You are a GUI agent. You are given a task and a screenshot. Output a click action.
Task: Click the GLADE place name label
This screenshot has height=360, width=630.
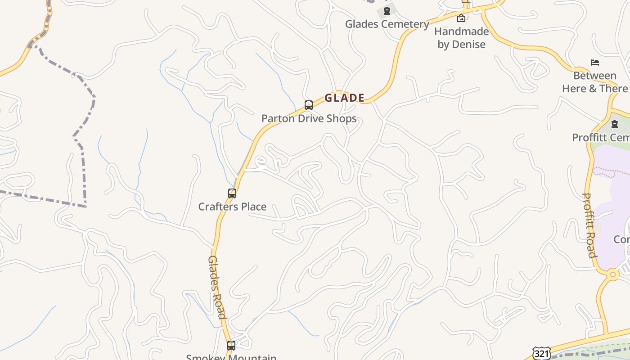coord(344,98)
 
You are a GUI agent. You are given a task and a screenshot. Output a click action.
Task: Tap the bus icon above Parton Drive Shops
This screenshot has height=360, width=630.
coord(309,105)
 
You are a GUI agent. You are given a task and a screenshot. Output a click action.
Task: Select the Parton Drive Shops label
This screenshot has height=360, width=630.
coord(309,119)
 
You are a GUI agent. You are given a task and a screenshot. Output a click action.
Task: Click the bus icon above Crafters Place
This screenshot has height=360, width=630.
coord(232,193)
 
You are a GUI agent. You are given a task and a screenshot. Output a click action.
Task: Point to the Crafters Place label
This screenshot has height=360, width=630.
coord(232,207)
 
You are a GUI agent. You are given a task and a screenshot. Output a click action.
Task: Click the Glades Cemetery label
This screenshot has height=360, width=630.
coord(387,24)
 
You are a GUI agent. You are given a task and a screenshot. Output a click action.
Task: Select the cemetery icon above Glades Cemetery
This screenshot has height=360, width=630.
coord(387,10)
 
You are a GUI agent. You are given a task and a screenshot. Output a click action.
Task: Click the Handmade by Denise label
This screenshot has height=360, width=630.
coord(461,38)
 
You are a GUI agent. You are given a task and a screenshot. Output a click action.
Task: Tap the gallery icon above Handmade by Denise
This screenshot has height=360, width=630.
coord(461,18)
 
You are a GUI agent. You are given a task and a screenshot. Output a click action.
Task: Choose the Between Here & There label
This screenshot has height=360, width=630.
coord(594,82)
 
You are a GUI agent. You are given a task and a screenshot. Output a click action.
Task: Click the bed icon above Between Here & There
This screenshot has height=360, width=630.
coord(595,62)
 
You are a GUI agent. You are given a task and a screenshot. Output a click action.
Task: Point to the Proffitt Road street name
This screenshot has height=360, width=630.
coord(589,225)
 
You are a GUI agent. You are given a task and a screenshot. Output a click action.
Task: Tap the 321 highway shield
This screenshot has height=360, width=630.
coord(541,354)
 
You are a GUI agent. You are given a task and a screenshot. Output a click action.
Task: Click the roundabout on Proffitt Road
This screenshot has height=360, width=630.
coord(612,274)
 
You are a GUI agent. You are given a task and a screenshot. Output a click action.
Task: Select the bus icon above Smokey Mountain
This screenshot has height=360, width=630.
coord(231,346)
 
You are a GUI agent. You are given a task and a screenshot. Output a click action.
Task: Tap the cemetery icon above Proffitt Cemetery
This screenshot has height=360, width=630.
coord(615,124)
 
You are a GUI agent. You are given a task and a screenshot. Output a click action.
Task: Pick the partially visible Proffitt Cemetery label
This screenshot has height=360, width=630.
coord(601,138)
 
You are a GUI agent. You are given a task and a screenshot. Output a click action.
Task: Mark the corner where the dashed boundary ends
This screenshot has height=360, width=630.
coord(85,207)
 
